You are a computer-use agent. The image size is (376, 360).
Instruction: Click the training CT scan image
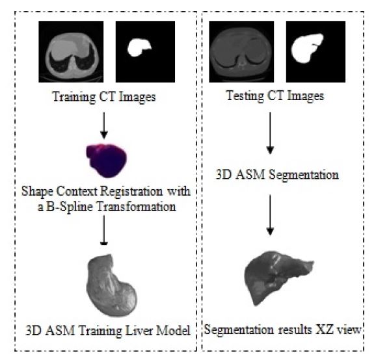click(71, 51)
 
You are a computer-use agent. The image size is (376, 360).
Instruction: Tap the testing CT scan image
click(241, 51)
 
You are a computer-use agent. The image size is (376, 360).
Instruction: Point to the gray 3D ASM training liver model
click(111, 285)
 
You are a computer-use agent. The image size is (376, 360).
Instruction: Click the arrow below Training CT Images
click(104, 125)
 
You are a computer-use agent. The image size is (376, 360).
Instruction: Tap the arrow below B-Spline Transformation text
click(104, 230)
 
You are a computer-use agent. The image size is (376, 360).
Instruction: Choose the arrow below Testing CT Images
click(270, 133)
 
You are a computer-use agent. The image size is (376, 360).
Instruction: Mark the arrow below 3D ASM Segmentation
click(270, 215)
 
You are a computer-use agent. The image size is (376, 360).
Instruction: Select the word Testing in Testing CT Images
click(245, 96)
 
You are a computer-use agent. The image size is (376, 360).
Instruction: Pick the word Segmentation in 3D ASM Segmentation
click(303, 175)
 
